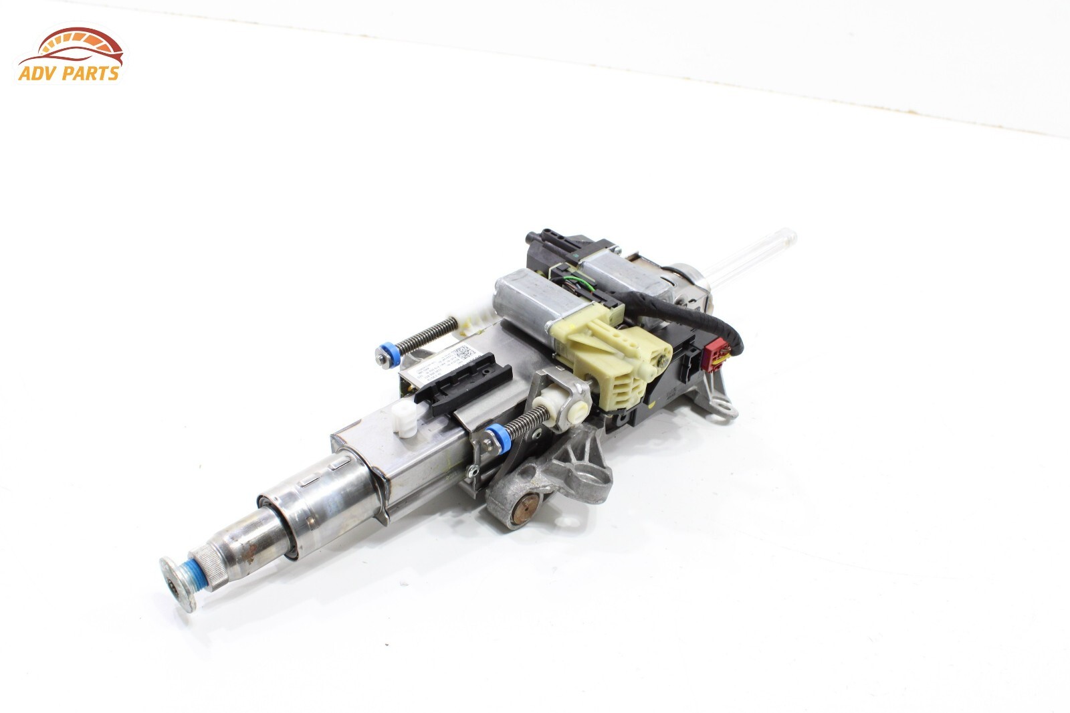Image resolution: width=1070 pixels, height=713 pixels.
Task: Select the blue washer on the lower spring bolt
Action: [x=497, y=433]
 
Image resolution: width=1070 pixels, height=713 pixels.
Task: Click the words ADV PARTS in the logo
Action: [x=70, y=73]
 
